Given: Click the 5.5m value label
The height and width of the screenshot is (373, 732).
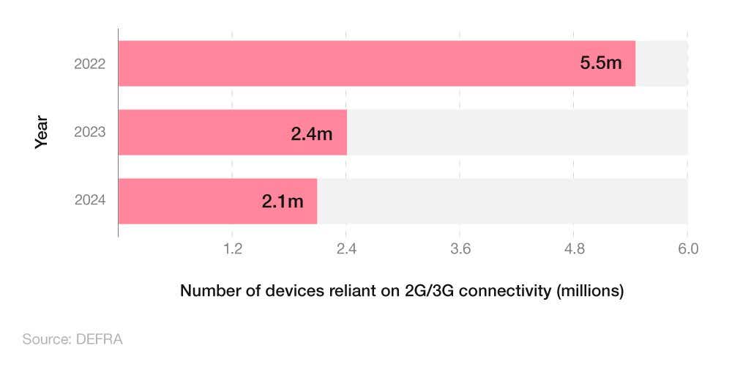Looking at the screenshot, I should [600, 63].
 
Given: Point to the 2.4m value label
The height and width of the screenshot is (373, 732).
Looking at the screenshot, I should [312, 134].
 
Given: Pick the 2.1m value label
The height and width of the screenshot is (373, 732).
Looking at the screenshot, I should [283, 202].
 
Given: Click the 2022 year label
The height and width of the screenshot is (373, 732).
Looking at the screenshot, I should [90, 64].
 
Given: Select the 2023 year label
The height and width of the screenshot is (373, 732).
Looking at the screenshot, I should [90, 133].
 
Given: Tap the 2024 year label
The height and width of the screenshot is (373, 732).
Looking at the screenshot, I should [90, 201].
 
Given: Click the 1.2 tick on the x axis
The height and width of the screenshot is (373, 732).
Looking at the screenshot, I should [232, 249].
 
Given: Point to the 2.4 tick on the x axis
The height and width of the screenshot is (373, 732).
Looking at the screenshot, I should [346, 249].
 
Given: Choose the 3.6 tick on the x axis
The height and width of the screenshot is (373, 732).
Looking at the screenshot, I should [460, 249].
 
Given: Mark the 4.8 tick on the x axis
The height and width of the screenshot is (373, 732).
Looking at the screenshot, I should [574, 249].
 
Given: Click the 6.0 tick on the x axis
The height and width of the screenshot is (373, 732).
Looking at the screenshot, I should [687, 249].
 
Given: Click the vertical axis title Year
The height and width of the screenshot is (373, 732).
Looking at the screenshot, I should [42, 132].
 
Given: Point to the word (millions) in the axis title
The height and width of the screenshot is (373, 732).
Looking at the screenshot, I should [589, 291].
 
